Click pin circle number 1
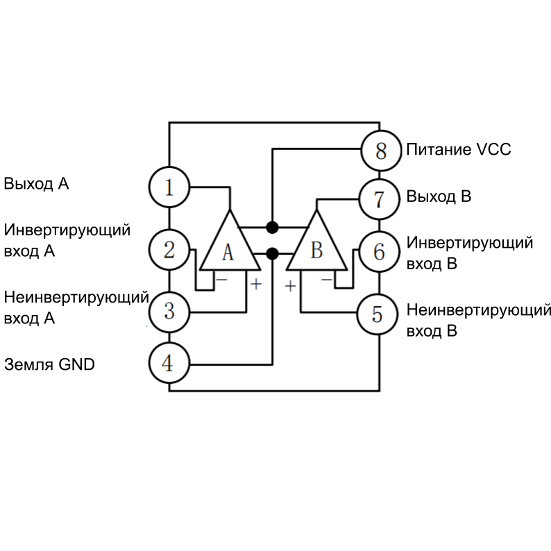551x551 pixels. tap(169, 186)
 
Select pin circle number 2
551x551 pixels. tap(169, 249)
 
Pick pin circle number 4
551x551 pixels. tap(169, 363)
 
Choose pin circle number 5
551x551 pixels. tap(378, 314)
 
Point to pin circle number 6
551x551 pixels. tap(378, 251)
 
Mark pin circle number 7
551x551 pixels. tap(378, 199)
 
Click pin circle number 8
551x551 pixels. tap(381, 150)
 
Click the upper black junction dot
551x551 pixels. tap(273, 227)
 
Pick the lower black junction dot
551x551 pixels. tap(273, 253)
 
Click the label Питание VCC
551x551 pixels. tap(459, 150)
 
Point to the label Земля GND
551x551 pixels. tap(49, 364)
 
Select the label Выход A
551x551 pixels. tap(37, 185)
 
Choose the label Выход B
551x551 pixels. tap(439, 196)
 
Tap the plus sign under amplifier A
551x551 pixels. tap(256, 284)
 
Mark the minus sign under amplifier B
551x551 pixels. tap(326, 280)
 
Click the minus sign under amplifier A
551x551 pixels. tap(221, 280)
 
